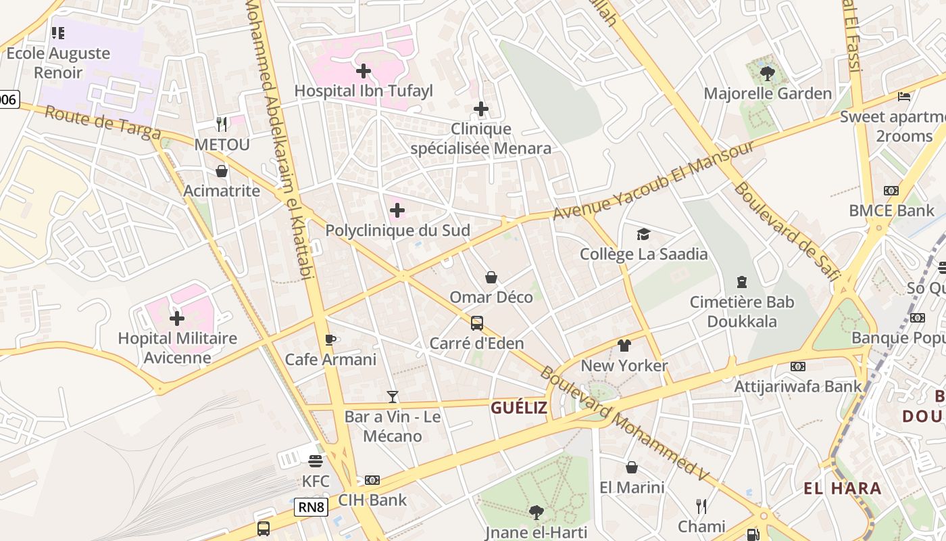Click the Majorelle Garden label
coord(768,93)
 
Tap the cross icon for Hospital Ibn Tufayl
coord(364,70)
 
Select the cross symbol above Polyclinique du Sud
coord(397,210)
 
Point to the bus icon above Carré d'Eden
coord(477,323)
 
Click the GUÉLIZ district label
coord(519,407)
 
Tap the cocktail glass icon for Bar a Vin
coord(393,396)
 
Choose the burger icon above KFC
coord(316,461)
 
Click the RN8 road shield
coord(311,507)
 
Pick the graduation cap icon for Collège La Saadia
coord(643,234)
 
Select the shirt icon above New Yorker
coord(624,346)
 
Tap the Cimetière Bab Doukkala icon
coord(742,281)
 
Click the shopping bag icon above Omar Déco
coord(491,277)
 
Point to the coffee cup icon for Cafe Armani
coord(330,339)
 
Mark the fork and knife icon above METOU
coord(222,124)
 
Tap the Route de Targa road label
coord(103,123)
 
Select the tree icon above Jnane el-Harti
coord(536,512)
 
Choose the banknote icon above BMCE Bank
coord(891,191)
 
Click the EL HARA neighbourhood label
coord(843,488)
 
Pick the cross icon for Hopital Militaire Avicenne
coord(177,318)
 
